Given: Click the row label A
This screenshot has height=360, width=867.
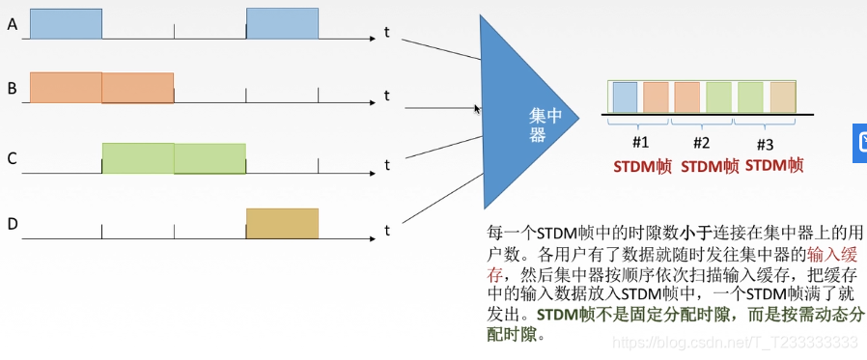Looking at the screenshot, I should click(x=12, y=24).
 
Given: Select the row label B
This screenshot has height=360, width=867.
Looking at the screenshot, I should click(x=12, y=89).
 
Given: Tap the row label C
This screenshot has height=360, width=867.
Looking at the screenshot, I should click(x=12, y=158).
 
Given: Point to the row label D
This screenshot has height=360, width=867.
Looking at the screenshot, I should click(x=12, y=225).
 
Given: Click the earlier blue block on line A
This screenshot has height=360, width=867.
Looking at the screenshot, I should click(x=66, y=24).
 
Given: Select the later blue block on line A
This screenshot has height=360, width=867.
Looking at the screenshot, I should click(x=282, y=24).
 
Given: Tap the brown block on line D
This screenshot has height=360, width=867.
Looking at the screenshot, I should click(x=282, y=223).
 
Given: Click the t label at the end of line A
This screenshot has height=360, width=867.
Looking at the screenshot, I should click(x=386, y=33).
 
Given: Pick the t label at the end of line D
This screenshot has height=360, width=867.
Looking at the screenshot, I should click(x=386, y=231).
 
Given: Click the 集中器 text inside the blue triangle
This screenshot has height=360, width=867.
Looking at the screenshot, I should click(x=538, y=124).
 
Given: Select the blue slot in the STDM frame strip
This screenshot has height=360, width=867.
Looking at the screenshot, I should click(x=625, y=97).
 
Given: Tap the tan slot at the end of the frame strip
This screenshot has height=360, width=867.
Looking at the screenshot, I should click(x=782, y=97).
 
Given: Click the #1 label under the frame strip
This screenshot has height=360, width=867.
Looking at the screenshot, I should click(x=640, y=144).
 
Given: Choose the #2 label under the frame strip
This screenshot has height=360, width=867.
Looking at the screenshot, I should click(x=702, y=144).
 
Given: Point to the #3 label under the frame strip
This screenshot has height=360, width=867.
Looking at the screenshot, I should click(x=765, y=144).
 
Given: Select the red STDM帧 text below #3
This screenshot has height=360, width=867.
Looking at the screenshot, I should click(x=774, y=165).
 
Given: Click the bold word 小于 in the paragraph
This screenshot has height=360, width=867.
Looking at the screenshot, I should click(x=697, y=234).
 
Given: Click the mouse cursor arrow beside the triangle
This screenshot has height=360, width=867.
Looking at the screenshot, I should click(x=477, y=109).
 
